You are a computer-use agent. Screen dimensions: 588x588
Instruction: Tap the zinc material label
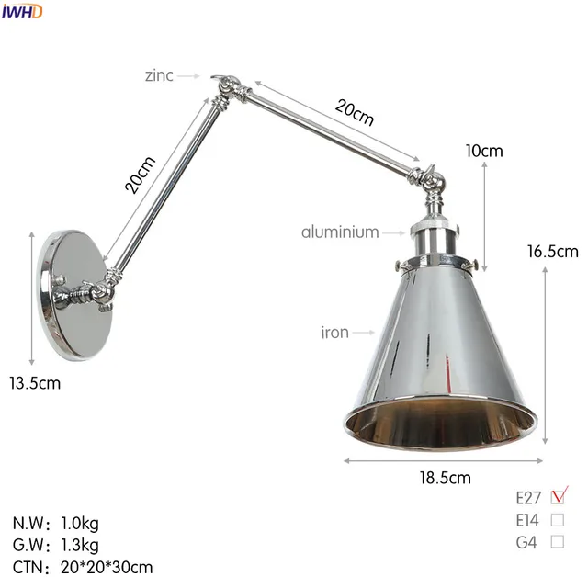tap(158, 76)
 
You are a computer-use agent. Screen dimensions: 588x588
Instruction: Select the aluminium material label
tap(340, 232)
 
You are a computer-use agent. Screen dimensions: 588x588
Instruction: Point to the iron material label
tap(335, 332)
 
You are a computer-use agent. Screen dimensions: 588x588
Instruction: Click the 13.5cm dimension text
tap(35, 383)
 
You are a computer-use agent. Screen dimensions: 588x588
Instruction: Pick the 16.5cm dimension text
tap(553, 251)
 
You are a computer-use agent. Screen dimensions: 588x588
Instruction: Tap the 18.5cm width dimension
tap(445, 477)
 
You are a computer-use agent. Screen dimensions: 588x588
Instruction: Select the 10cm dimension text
tap(484, 152)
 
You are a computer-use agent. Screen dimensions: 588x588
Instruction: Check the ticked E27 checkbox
tap(558, 497)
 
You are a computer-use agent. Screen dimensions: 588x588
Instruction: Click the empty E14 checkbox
tap(558, 520)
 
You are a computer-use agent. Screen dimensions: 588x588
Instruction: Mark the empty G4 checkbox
tap(558, 542)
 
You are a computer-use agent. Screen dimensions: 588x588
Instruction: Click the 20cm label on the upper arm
tap(355, 113)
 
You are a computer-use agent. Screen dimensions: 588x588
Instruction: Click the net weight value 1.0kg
tap(80, 523)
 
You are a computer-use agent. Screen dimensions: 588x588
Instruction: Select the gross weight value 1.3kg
tap(80, 545)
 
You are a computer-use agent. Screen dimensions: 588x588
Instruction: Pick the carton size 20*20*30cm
tap(107, 567)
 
